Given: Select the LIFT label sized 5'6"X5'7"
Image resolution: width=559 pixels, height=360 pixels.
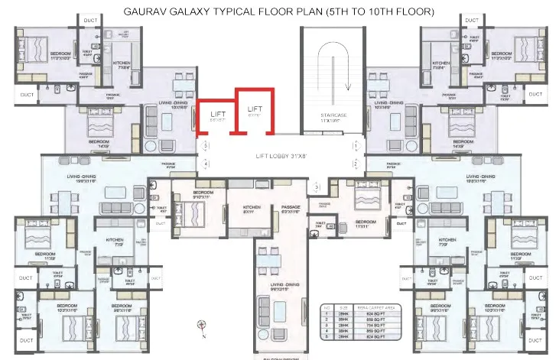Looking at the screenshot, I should (x=218, y=116).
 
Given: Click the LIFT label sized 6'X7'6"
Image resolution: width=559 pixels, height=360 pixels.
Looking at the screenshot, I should (x=255, y=111).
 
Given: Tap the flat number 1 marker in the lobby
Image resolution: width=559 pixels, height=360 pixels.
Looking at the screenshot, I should (x=356, y=144).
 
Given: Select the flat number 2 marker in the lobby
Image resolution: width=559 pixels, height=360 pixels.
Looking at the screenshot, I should (x=356, y=164).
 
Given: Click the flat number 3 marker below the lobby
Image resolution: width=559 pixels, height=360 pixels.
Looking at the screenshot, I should (x=317, y=186).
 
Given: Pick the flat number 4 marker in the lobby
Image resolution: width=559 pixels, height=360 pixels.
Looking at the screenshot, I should (x=205, y=164).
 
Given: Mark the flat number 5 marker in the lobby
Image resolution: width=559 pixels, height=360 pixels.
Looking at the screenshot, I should (x=205, y=145).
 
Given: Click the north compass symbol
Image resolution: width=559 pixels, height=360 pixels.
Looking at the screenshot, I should (x=201, y=325).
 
